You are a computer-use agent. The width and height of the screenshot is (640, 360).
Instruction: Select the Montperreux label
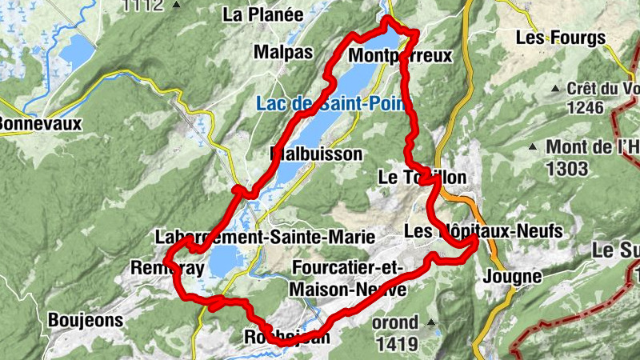(401, 55)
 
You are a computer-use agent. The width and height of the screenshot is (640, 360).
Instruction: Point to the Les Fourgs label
(560, 38)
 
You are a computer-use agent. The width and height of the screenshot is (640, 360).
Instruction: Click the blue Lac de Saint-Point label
(331, 103)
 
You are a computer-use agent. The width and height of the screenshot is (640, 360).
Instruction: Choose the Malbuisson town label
(317, 153)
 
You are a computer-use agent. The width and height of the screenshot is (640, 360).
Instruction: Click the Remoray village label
(167, 267)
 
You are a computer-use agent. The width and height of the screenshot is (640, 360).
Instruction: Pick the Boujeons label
(86, 320)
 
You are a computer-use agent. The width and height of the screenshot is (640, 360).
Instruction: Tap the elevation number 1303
(569, 169)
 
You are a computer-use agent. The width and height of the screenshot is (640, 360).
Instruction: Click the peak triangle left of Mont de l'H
(533, 146)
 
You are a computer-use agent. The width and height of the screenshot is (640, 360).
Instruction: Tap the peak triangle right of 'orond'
(432, 323)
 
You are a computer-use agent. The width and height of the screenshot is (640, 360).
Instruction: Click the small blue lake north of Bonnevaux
(77, 53)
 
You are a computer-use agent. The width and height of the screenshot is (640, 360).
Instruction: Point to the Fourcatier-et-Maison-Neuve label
(349, 277)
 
